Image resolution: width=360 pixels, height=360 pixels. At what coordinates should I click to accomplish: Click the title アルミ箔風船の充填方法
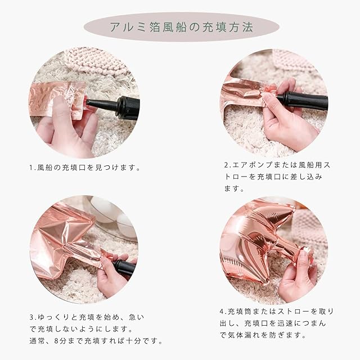tap(182, 27)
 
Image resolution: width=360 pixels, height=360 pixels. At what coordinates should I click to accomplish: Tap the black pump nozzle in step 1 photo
tap(114, 106)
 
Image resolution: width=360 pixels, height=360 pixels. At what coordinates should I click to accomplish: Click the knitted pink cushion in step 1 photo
tap(97, 60)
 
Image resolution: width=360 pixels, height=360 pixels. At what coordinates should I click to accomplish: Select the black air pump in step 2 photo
tap(302, 101)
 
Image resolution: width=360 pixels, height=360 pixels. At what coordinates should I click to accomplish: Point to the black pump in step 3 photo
tap(124, 268)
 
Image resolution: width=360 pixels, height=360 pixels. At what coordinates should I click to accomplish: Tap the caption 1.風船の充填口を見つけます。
tap(85, 168)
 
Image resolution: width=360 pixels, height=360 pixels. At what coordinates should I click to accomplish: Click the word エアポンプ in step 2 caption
tap(253, 165)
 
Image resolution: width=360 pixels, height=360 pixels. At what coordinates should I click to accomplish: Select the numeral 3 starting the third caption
tap(31, 317)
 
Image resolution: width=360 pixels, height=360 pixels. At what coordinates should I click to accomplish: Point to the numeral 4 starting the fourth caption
tap(222, 312)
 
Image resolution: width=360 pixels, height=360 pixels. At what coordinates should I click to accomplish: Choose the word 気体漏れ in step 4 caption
tap(245, 335)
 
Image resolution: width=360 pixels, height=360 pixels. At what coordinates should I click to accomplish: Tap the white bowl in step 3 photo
tap(108, 213)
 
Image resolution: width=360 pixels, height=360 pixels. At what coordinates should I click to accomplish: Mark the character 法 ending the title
tap(247, 27)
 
